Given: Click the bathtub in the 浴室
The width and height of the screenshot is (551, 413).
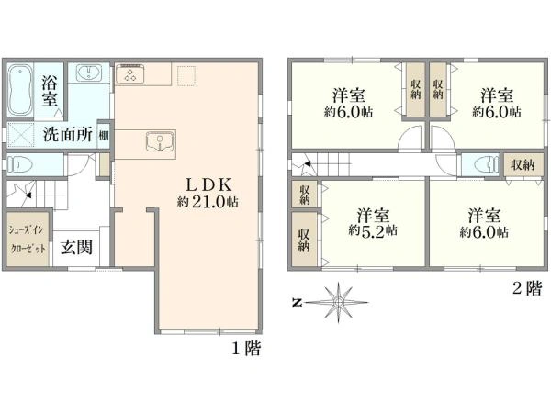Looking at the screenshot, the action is click(x=19, y=91).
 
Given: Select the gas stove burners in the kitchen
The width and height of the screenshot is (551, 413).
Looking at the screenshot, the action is click(x=130, y=73).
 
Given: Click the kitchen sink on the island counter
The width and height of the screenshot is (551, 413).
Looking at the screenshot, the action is click(x=160, y=141).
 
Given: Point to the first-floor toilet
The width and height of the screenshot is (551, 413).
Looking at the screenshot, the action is click(x=20, y=164).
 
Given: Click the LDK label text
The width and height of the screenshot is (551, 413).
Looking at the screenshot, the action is click(x=208, y=184).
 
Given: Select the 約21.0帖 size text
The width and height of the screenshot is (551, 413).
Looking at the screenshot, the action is click(x=208, y=202).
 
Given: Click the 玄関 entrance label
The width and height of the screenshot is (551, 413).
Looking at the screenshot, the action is click(x=76, y=247).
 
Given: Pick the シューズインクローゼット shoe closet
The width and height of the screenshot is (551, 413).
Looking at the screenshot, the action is click(x=28, y=240).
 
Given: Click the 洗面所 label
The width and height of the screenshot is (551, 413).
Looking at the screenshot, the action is click(x=68, y=134).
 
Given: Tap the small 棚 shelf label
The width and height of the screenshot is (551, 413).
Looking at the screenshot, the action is click(x=103, y=135).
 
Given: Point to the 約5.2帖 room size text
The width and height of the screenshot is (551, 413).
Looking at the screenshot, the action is click(x=373, y=230).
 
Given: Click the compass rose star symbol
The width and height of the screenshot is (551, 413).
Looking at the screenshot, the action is click(x=338, y=302).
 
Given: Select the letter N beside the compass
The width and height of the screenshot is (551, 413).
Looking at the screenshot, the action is click(x=298, y=303).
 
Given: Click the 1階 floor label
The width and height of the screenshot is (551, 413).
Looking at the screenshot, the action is click(x=247, y=349).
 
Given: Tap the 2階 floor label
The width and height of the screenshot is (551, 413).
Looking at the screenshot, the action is click(x=527, y=289).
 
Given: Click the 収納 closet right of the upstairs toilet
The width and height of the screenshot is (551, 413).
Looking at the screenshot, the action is click(x=523, y=164).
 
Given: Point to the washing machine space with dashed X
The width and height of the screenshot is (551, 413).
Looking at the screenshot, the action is click(x=21, y=135).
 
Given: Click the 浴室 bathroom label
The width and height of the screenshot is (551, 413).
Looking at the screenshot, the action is click(x=50, y=91).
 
